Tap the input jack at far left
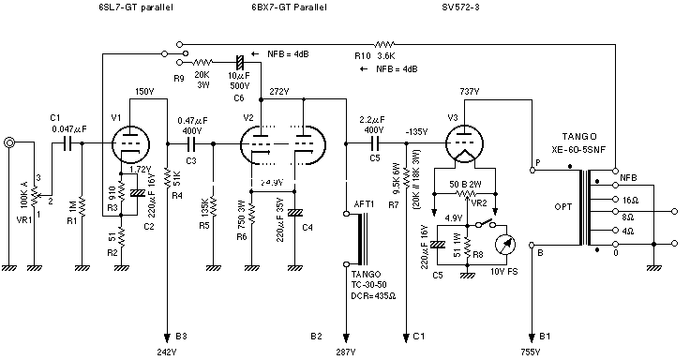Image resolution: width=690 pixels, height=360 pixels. pos(9,143)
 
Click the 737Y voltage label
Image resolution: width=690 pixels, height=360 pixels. pos(470,91)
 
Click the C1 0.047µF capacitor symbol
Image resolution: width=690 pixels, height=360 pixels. pos(66,143)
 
